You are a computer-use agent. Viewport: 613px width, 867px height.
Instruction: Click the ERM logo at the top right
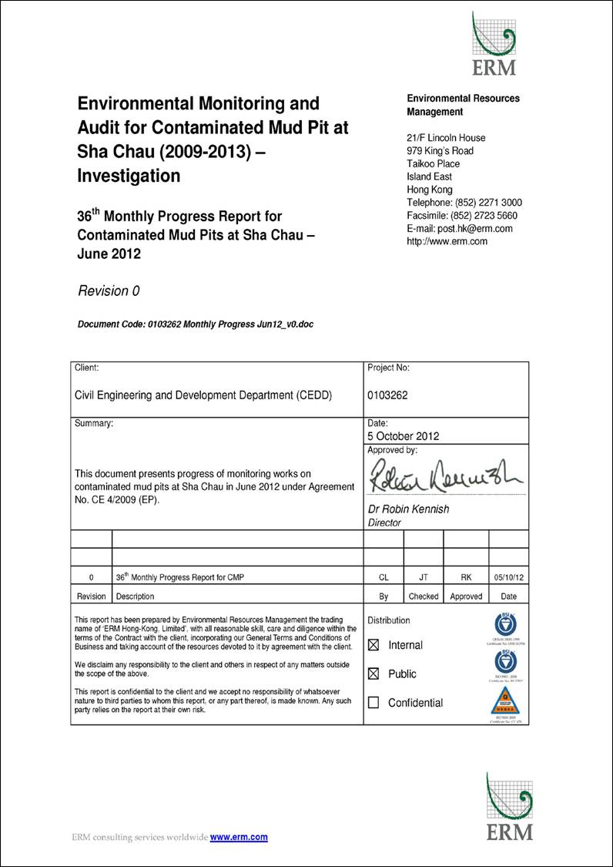tap(494, 44)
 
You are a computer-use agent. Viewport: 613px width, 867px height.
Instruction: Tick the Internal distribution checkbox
tap(374, 644)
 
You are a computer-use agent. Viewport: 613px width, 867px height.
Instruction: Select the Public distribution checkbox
tap(374, 674)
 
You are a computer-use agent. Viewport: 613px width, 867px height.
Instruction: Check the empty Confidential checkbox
tap(374, 703)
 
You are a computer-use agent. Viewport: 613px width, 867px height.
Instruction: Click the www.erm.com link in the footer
tap(239, 837)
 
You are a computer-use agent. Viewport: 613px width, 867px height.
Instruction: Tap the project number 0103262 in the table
tap(388, 395)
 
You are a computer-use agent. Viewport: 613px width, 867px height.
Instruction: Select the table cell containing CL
tap(384, 576)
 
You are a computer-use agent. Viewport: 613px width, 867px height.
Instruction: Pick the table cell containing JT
tap(424, 576)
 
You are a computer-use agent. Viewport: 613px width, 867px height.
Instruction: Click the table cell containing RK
tap(466, 576)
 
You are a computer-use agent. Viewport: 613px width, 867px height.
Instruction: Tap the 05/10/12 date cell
tap(508, 576)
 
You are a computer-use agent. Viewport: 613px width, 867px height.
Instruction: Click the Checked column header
tap(424, 596)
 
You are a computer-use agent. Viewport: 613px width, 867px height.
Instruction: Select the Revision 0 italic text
tap(109, 291)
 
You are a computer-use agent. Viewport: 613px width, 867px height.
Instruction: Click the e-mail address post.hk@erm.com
tap(460, 229)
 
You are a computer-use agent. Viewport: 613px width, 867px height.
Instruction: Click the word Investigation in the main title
tap(129, 176)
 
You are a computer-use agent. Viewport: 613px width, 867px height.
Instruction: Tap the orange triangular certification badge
tap(505, 701)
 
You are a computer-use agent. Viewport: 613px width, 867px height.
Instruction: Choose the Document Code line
tap(196, 324)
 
